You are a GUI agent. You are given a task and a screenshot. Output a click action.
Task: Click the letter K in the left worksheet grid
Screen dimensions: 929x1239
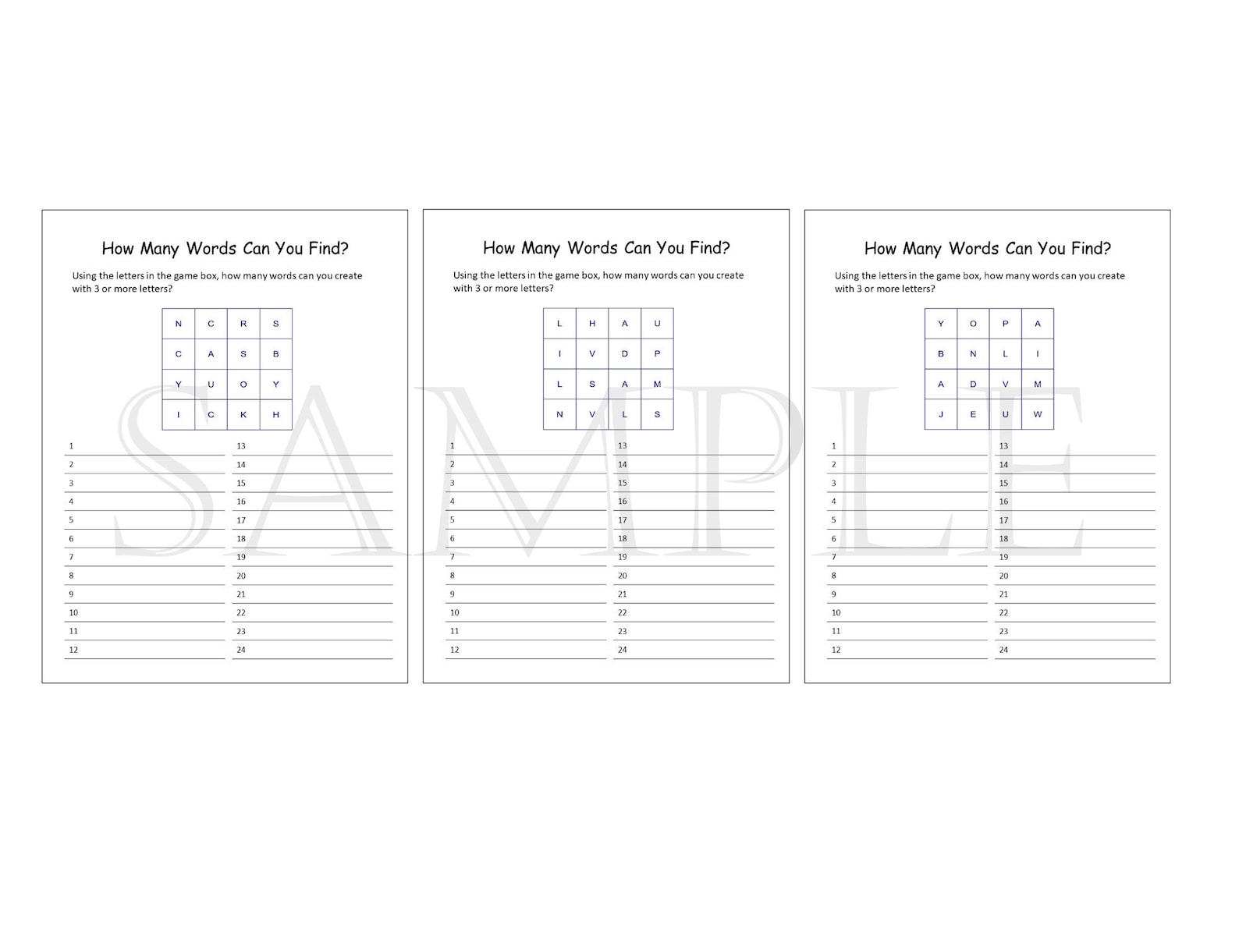(x=243, y=415)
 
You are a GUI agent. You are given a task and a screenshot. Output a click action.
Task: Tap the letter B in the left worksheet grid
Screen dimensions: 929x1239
(x=275, y=354)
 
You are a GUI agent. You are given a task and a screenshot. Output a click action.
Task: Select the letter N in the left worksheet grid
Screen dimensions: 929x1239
(x=179, y=324)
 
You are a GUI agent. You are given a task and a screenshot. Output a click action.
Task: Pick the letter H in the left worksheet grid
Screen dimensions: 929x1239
(x=275, y=415)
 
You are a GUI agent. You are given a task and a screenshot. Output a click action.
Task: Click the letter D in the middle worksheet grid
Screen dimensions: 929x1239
(x=625, y=354)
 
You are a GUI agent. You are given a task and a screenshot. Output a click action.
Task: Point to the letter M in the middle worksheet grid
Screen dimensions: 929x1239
(x=657, y=384)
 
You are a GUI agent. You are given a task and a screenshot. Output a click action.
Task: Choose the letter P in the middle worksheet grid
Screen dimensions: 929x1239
(x=657, y=354)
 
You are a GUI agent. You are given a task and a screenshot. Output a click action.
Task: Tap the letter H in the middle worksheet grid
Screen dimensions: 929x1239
(x=592, y=324)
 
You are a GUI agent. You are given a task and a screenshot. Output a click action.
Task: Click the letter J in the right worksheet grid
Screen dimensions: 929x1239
(x=941, y=415)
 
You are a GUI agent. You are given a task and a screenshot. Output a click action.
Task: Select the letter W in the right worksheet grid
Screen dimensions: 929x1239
(x=1038, y=415)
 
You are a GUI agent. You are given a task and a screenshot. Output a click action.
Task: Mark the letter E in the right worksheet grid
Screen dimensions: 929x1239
(x=973, y=415)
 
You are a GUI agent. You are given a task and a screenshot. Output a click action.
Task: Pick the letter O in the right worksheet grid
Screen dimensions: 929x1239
(x=973, y=324)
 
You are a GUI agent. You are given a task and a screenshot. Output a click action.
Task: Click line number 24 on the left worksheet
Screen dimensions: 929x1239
(x=241, y=650)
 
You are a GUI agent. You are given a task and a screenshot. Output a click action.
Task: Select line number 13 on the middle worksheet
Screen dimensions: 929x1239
(x=622, y=446)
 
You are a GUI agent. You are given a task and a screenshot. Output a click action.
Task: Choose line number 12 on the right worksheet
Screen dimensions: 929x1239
(x=836, y=650)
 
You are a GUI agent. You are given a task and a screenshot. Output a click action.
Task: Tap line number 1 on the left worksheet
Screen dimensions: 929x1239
(x=71, y=446)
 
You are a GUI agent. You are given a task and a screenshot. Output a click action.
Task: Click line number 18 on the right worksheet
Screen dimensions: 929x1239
(x=1003, y=539)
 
